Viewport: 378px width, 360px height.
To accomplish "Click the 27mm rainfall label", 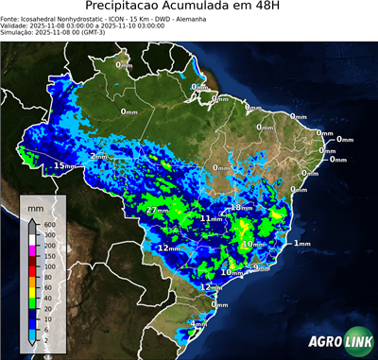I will click(158, 209).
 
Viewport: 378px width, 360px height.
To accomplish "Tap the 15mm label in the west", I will click(64, 165).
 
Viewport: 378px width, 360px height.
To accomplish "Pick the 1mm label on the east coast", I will click(302, 244).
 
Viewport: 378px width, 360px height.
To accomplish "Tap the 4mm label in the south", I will click(199, 324).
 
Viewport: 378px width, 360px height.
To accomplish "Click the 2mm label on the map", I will click(98, 156).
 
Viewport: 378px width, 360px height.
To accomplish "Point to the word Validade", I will click(19, 26).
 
